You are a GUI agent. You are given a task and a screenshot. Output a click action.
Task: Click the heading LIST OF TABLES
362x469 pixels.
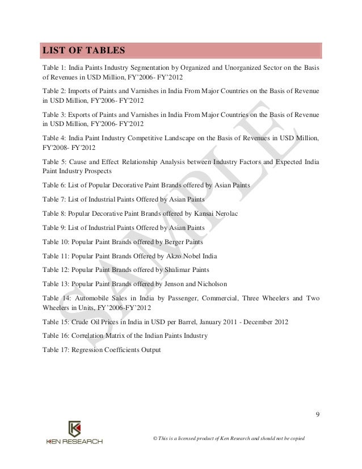point(83,51)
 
